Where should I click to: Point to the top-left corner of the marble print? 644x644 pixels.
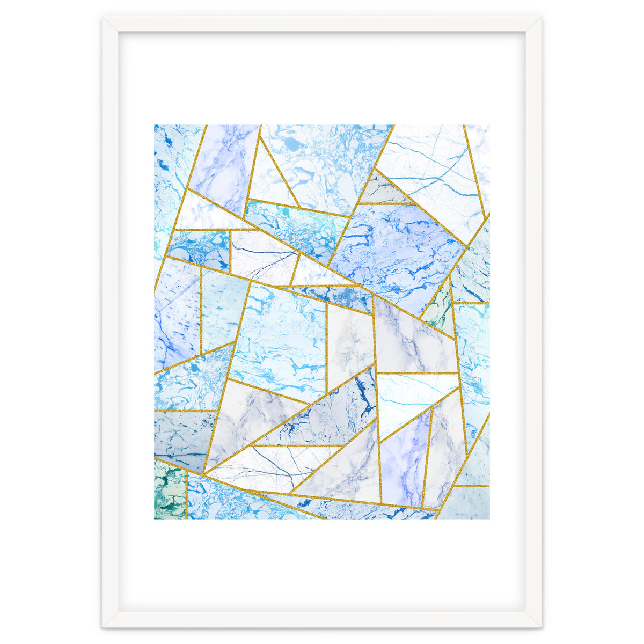[155, 125]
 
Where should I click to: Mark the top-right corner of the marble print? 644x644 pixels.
[489, 125]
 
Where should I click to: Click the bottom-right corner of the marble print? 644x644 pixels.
[489, 519]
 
